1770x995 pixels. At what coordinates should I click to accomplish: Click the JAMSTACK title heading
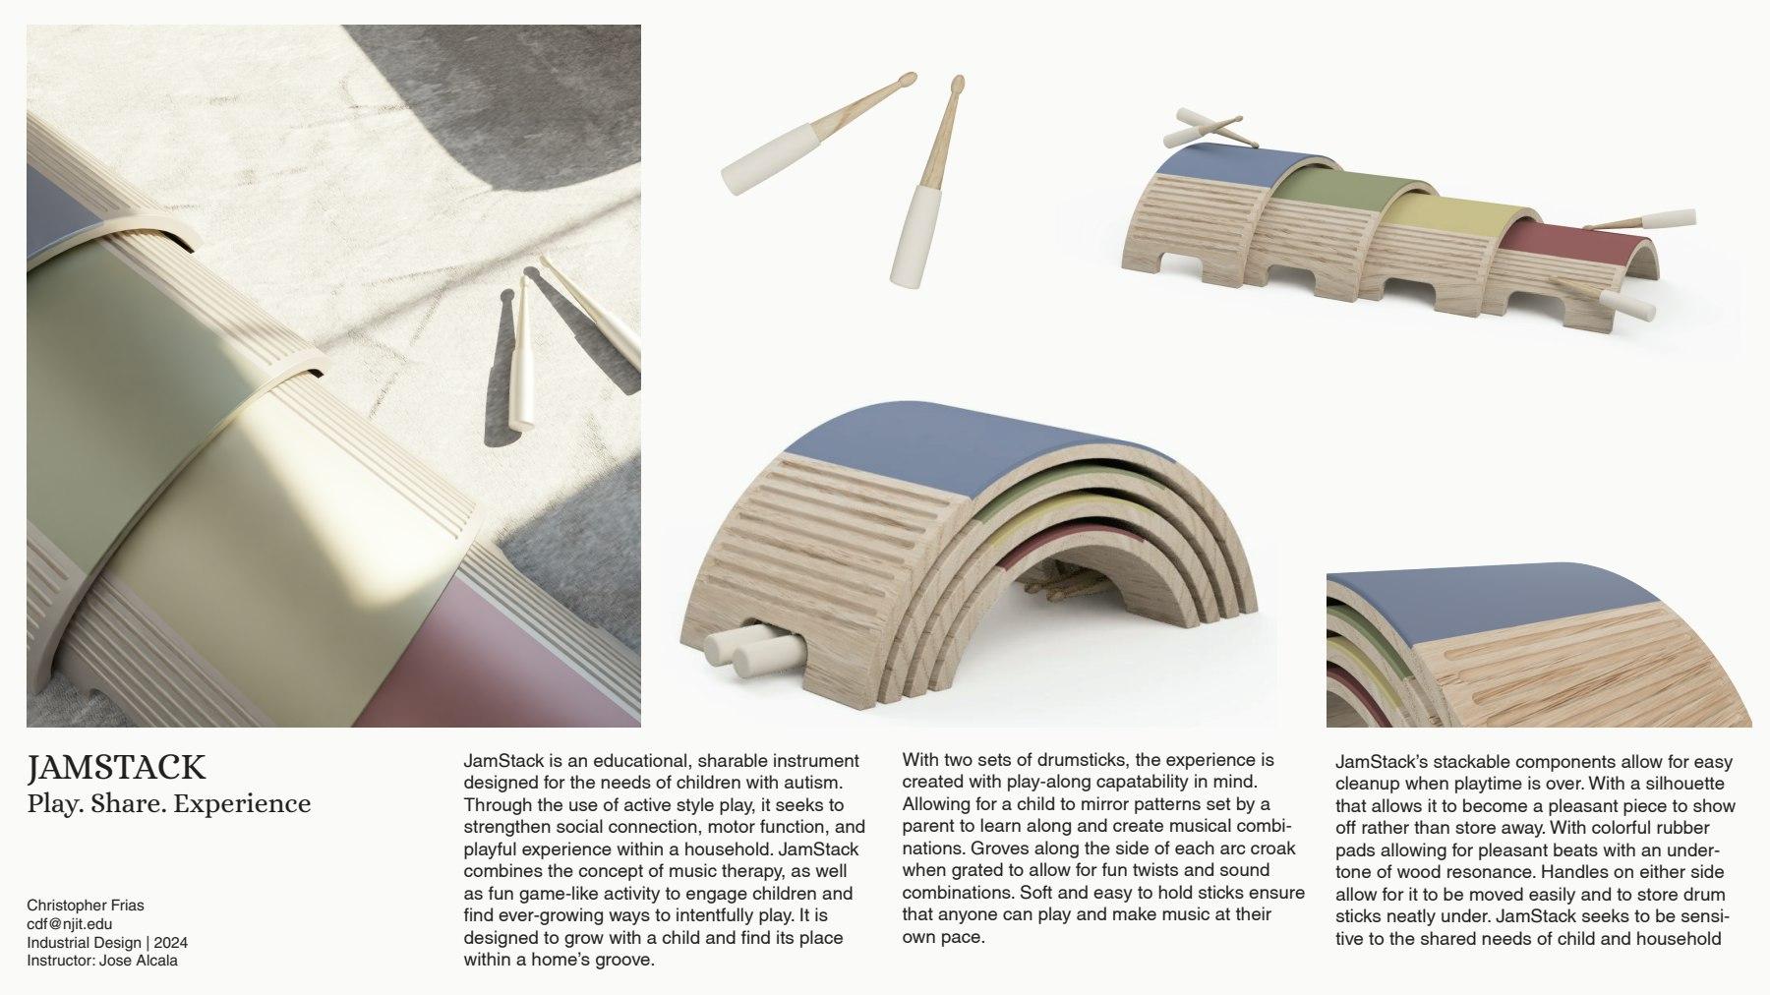(117, 767)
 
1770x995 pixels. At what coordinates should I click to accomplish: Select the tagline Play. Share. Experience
(169, 803)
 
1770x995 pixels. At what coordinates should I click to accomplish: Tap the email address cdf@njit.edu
(69, 924)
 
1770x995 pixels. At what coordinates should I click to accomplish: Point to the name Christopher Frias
(86, 906)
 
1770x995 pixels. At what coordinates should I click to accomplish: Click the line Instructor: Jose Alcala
(102, 961)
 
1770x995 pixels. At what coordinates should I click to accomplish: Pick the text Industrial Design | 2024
(107, 943)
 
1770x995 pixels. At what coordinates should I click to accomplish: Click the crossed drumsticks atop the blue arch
(1206, 127)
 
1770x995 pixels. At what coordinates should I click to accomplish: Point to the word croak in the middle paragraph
(1272, 848)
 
